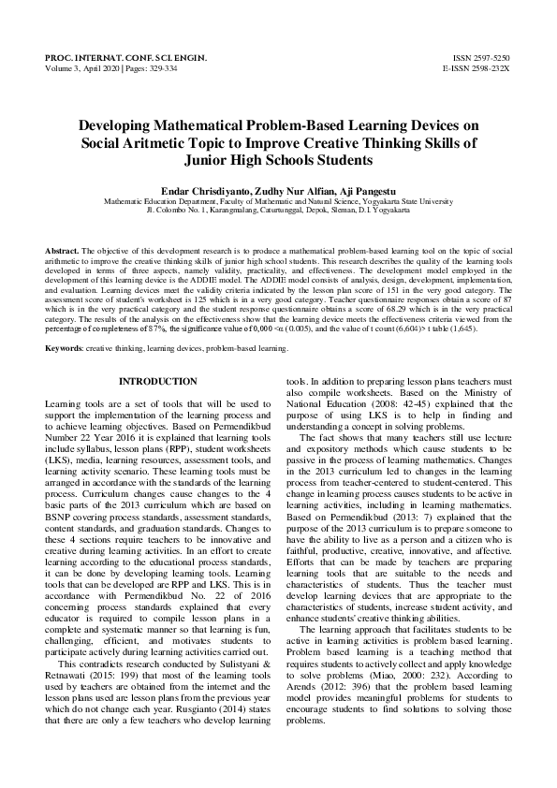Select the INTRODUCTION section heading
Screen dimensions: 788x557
click(157, 382)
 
